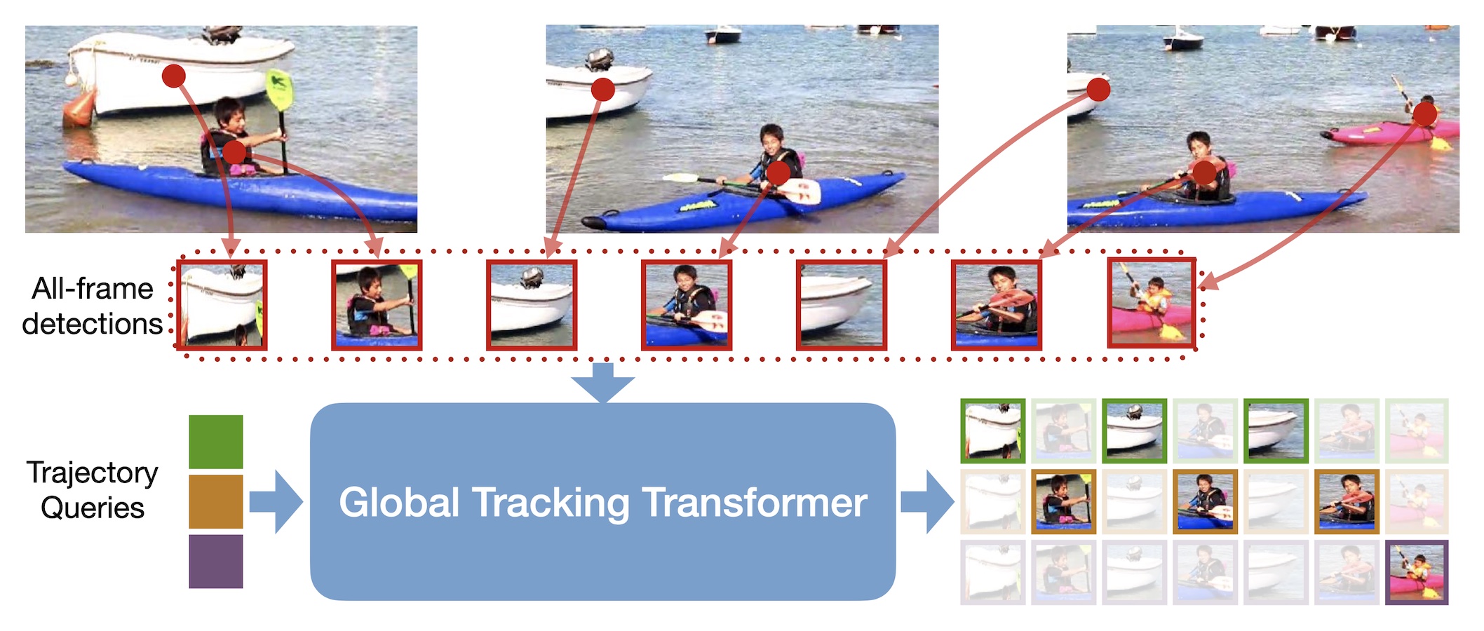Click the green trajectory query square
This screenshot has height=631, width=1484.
[x=216, y=442]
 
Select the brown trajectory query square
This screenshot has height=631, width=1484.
[x=216, y=502]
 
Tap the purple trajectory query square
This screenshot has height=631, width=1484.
[x=216, y=562]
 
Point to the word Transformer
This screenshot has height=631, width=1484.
[x=755, y=502]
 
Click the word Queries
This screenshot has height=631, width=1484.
[x=93, y=508]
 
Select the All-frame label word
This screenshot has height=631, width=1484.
[x=93, y=289]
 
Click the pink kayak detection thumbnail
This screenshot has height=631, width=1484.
[x=1152, y=303]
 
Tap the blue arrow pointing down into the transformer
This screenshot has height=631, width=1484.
[x=602, y=383]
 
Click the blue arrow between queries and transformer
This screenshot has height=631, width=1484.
[x=276, y=502]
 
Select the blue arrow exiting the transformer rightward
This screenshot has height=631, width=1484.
[x=927, y=502]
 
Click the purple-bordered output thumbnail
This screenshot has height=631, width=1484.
[x=1417, y=572]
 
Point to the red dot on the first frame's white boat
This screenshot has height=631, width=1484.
[x=173, y=76]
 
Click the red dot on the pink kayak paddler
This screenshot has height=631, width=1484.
[x=1425, y=114]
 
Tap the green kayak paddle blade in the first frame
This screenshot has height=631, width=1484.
[x=279, y=90]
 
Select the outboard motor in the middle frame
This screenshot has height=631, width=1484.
[x=600, y=60]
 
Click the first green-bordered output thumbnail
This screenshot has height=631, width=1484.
[x=993, y=431]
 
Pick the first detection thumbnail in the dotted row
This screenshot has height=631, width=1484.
[x=222, y=305]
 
